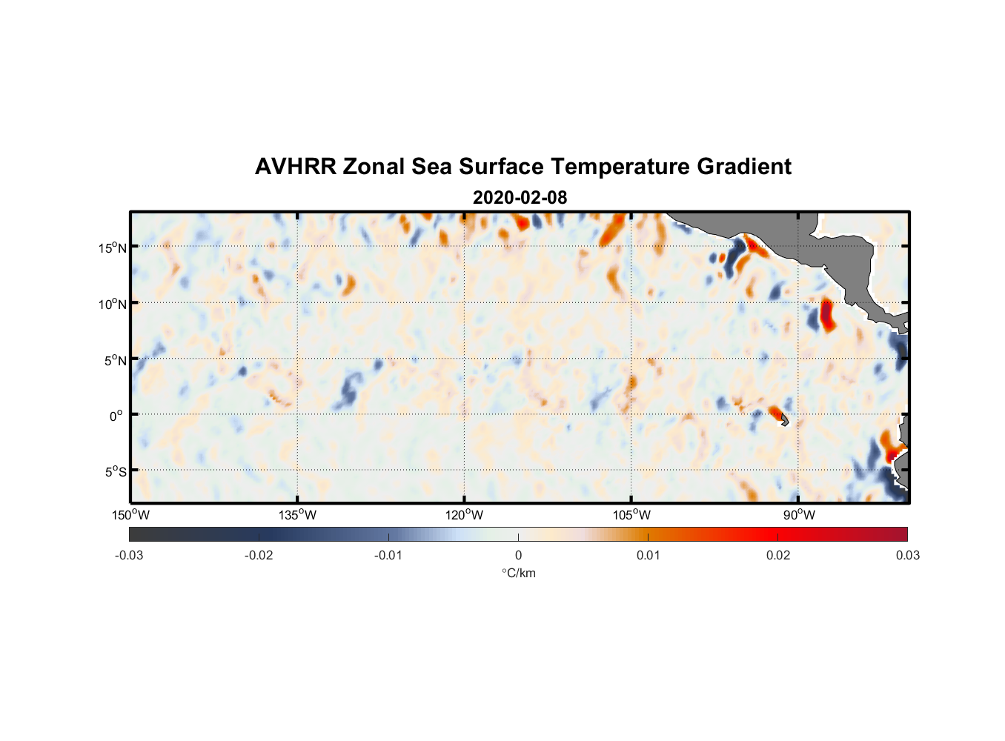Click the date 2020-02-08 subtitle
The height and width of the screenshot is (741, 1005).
point(520,198)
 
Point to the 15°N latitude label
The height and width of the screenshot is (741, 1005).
point(112,247)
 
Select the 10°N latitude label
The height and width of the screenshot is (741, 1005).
point(112,304)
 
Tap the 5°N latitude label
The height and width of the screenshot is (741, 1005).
point(115,360)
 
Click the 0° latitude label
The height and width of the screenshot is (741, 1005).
point(116,416)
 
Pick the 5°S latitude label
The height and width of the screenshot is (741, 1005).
point(115,472)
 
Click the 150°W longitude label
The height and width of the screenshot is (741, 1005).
point(130,515)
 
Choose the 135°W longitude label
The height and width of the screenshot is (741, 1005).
point(297,515)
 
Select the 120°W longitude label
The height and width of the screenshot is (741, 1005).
point(464,515)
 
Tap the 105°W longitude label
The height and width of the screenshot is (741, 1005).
point(631,515)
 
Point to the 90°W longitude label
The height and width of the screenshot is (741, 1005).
point(799,515)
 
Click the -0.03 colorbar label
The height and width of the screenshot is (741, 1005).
point(129,555)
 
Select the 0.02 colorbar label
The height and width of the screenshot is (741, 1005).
point(778,555)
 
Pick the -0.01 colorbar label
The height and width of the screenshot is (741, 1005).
point(388,555)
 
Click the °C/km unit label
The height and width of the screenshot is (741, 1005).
point(518,573)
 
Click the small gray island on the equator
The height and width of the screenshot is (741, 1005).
point(784,420)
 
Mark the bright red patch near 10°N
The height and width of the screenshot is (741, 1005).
point(826,315)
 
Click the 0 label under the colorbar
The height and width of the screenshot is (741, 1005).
point(518,555)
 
